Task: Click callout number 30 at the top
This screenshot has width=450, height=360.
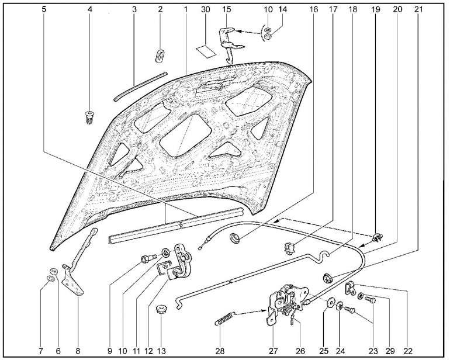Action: [205, 9]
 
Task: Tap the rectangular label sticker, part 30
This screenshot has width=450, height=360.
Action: [206, 51]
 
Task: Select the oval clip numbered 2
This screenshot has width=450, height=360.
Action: [160, 56]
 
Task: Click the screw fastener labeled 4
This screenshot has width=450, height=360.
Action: [90, 116]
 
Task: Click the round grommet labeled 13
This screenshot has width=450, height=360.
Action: [161, 310]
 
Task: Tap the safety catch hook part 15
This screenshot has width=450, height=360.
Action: [230, 44]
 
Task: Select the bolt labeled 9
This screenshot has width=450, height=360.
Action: [148, 258]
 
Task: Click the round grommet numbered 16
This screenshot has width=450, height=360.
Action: [235, 238]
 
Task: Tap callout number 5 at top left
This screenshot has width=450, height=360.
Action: [44, 9]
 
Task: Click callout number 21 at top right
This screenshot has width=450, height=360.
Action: [418, 9]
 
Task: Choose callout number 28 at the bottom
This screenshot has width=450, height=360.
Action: [220, 351]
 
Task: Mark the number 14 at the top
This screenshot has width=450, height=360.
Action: [282, 9]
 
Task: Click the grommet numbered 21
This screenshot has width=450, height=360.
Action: [327, 278]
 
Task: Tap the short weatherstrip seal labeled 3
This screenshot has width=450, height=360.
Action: [140, 86]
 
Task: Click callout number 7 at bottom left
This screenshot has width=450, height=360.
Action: [41, 351]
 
